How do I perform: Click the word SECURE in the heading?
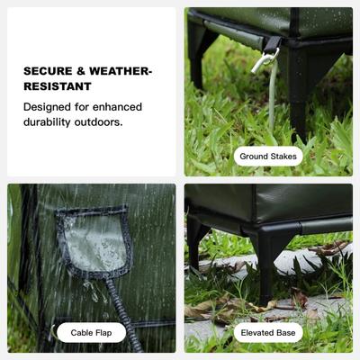click(48, 71)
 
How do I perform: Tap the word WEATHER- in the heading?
click(121, 71)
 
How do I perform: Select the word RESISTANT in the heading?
click(58, 86)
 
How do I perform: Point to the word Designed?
click(47, 107)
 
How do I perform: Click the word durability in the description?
click(47, 122)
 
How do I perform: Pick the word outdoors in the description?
click(98, 122)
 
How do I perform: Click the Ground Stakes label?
click(268, 157)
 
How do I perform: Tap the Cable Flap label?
click(91, 333)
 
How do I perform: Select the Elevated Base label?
click(268, 333)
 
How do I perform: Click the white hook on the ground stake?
click(264, 62)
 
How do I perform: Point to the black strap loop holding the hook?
click(273, 44)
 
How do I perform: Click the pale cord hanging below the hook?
click(273, 96)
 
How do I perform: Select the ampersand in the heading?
click(81, 71)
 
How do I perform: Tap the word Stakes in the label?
click(283, 157)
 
